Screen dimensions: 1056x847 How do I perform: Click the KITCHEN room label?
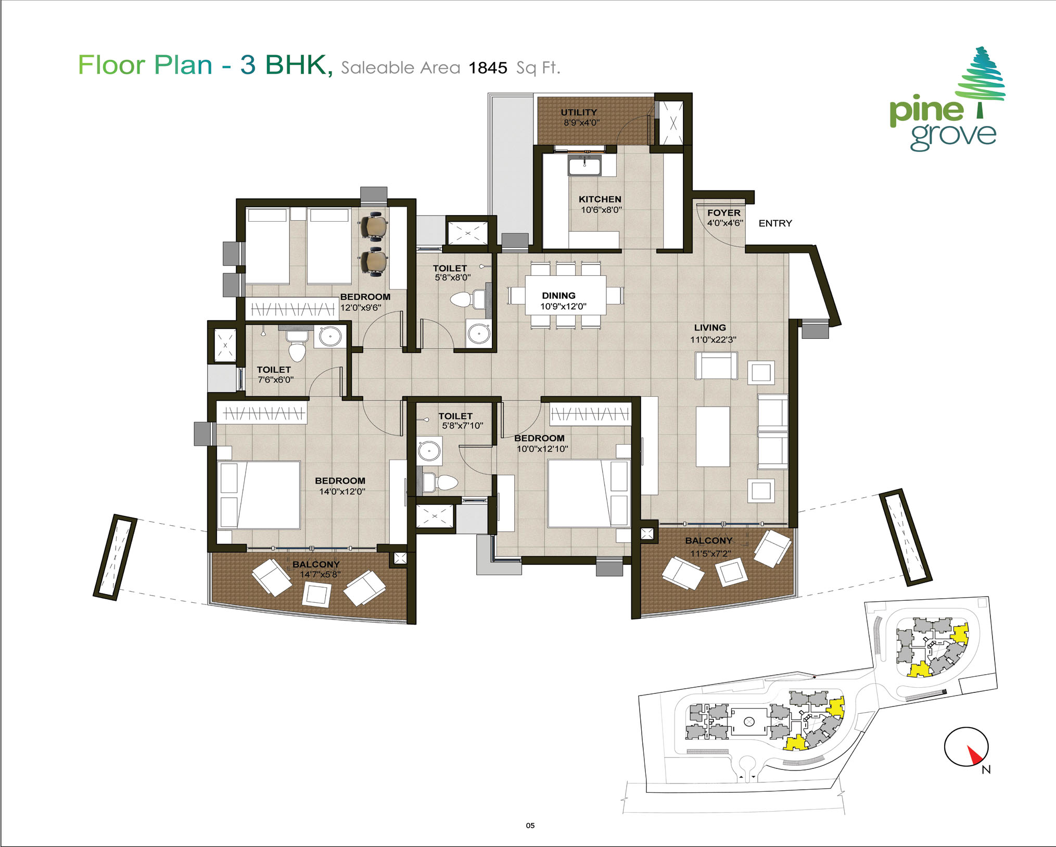tap(600, 199)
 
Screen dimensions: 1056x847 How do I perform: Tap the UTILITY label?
tap(579, 112)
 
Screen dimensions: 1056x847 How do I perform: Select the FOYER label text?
tap(723, 212)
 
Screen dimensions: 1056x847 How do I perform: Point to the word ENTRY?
tap(775, 223)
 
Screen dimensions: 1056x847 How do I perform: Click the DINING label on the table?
tap(558, 295)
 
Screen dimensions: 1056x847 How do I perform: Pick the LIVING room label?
tap(710, 327)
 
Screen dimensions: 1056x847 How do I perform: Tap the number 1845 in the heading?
tap(488, 68)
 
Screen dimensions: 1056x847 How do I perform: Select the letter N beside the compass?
tap(986, 769)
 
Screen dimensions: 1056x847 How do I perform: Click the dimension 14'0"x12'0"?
tap(342, 491)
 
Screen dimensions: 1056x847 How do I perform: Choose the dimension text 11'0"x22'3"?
tap(713, 339)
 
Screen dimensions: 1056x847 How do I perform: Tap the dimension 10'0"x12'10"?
tap(542, 449)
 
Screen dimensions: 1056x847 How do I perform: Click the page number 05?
tap(530, 825)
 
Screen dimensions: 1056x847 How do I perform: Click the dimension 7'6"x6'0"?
tap(276, 380)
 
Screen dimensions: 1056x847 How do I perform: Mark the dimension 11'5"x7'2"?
tap(710, 553)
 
